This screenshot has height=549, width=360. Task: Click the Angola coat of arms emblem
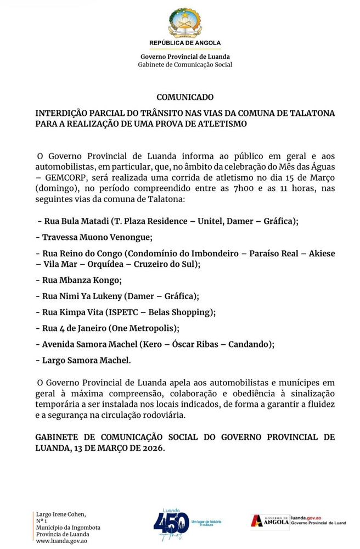tap(185, 23)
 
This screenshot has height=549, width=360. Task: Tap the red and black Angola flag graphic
tap(256, 522)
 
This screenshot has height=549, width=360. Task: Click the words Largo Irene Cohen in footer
tap(61, 514)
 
